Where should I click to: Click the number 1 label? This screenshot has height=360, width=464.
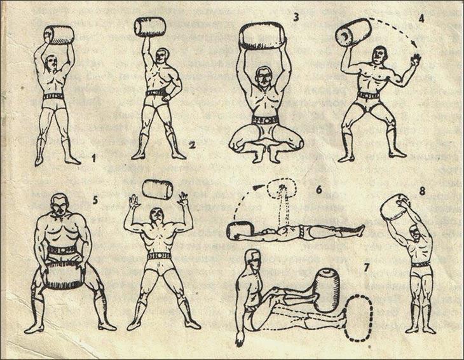click(94, 159)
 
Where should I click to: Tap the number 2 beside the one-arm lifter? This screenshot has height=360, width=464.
click(192, 146)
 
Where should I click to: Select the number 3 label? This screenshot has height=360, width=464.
click(296, 18)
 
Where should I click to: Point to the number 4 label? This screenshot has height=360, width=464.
click(421, 18)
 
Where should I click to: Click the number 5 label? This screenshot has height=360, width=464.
click(95, 200)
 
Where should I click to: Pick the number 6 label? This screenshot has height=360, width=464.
click(318, 190)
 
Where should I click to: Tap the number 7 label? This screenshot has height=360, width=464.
click(367, 268)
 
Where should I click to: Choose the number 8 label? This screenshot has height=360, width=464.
click(422, 191)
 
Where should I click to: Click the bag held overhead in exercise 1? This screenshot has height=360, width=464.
click(59, 35)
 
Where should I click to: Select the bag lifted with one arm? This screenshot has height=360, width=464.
click(150, 26)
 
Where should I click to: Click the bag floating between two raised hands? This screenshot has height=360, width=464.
click(158, 189)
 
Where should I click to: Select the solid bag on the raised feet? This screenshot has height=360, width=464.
click(326, 290)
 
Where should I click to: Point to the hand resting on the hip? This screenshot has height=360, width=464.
click(168, 96)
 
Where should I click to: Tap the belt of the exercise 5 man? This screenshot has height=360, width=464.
click(62, 250)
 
